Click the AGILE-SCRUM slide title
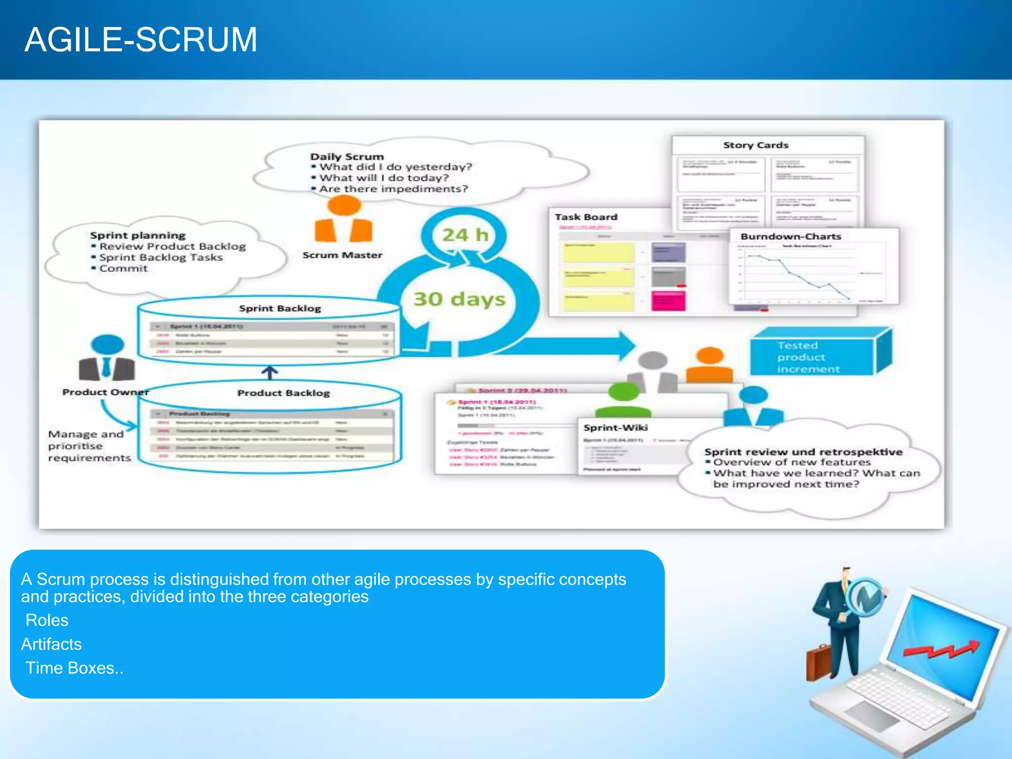click(141, 40)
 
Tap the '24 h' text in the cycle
click(464, 235)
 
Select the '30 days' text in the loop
click(459, 299)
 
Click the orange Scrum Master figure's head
click(344, 205)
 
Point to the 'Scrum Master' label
click(342, 255)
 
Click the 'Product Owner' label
click(105, 392)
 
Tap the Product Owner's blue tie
click(107, 366)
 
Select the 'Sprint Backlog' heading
click(280, 308)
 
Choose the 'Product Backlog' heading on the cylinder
click(283, 393)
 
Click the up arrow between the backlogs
click(269, 373)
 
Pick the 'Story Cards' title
click(756, 145)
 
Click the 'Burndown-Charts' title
click(791, 236)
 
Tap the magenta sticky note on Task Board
click(668, 300)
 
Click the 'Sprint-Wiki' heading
click(615, 427)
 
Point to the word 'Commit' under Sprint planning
click(124, 268)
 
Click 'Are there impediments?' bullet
click(393, 189)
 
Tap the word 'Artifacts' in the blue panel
click(51, 644)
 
